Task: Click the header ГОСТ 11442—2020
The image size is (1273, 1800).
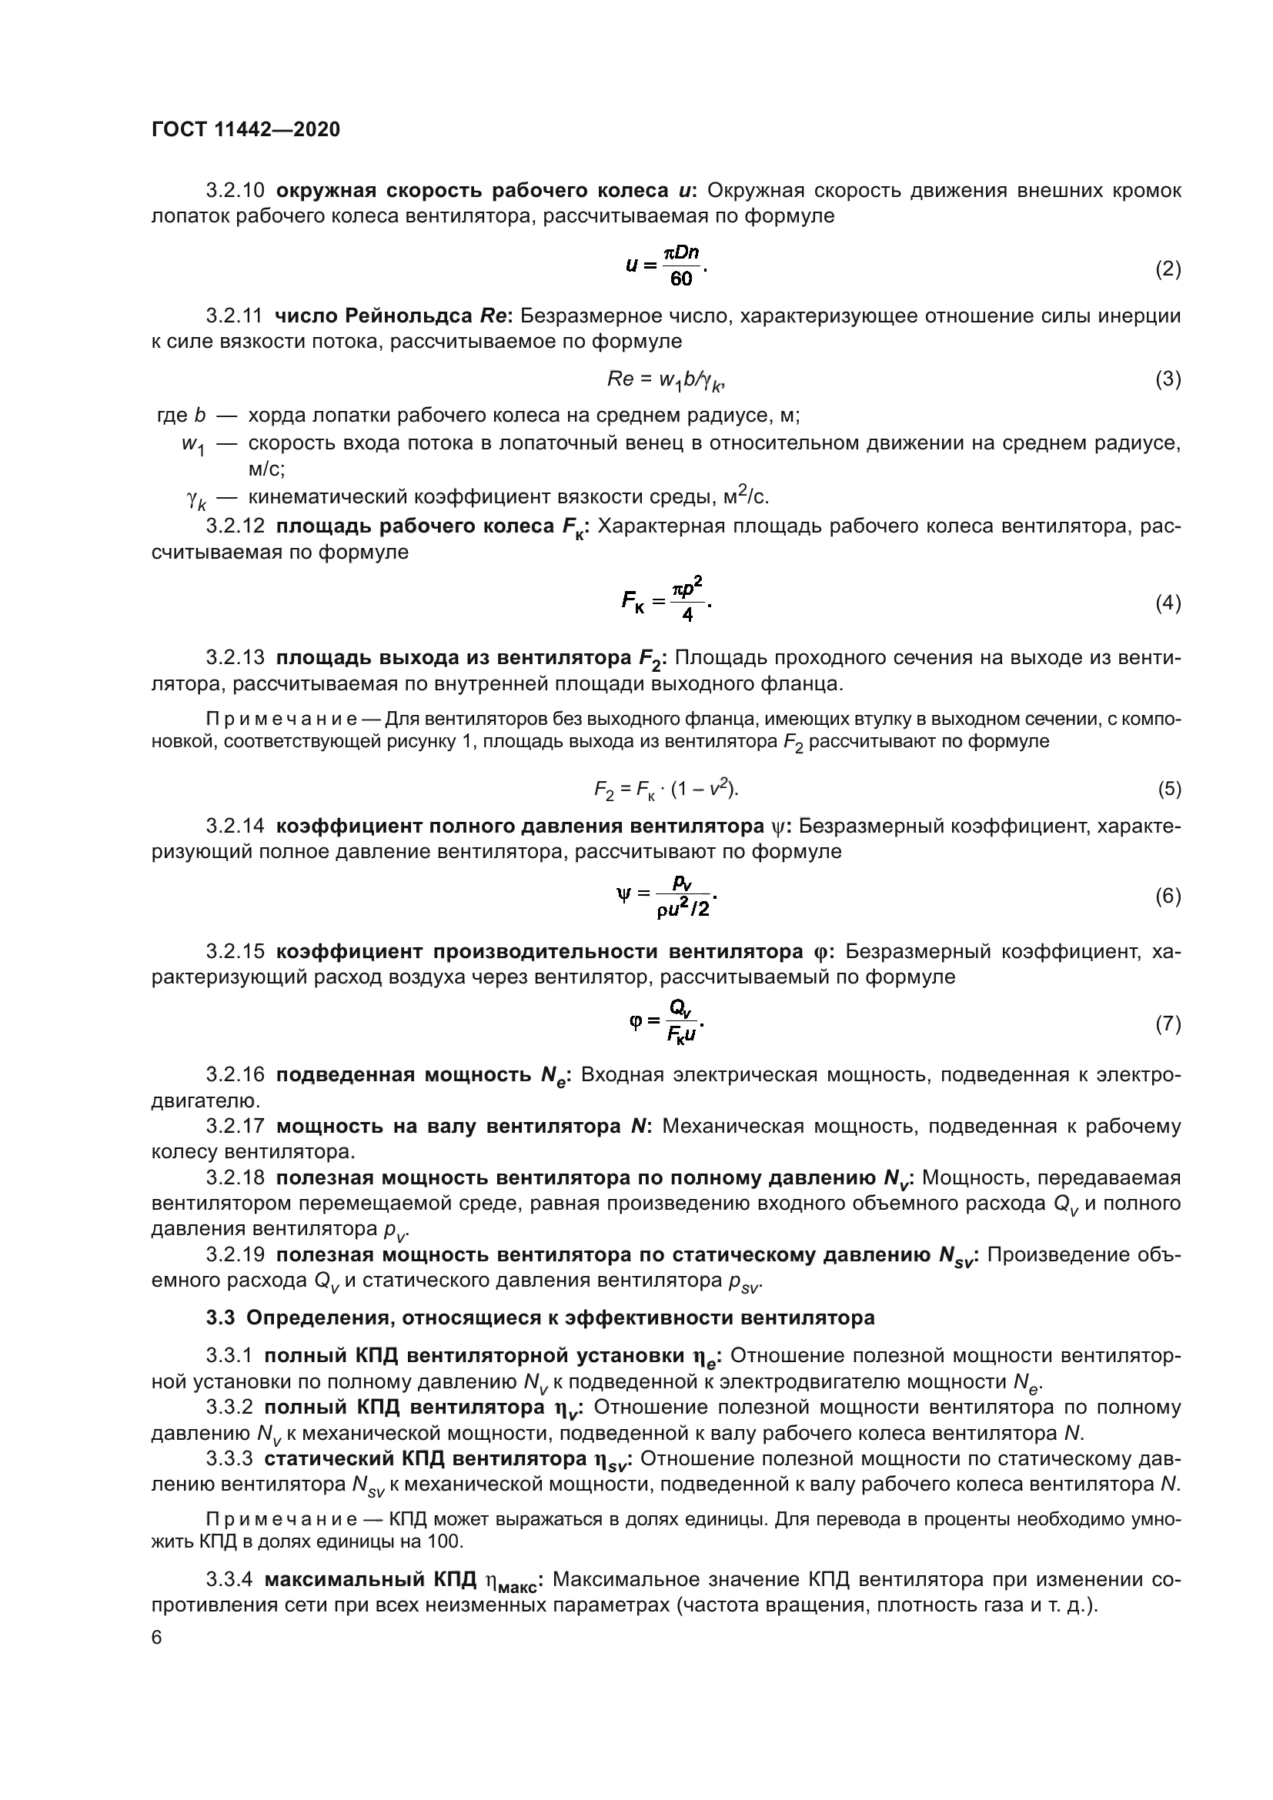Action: [246, 130]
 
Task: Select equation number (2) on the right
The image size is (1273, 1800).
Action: [1168, 269]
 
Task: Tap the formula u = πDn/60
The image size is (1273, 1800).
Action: [667, 265]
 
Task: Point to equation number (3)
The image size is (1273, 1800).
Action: [1168, 379]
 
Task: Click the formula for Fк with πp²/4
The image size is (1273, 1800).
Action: [667, 599]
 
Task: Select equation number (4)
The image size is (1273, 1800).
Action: [1168, 603]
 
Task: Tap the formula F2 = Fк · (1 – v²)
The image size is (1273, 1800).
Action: [667, 789]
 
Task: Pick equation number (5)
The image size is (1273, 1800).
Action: [1169, 789]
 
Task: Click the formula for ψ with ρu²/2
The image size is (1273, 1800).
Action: [667, 896]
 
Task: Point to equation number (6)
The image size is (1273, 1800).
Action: [1168, 896]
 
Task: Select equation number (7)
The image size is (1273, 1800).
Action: [1168, 1024]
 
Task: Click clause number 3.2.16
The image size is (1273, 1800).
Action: [236, 1075]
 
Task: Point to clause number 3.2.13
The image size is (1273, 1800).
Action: [236, 659]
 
